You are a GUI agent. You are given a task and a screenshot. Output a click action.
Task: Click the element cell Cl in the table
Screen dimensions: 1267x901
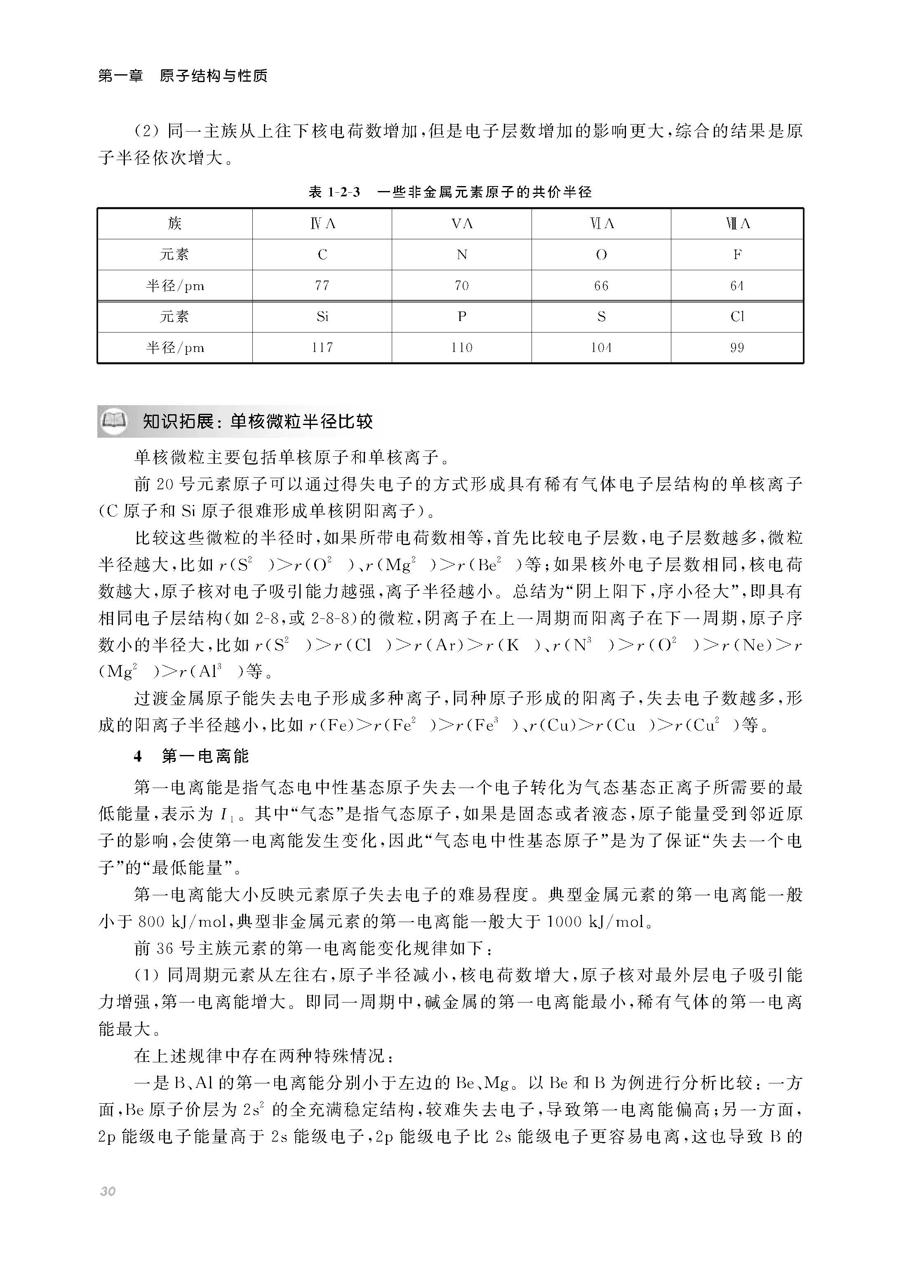(737, 317)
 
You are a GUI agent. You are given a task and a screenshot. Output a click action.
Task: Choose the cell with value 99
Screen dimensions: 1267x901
(737, 348)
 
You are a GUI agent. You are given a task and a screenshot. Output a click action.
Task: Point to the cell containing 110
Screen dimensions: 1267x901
(461, 348)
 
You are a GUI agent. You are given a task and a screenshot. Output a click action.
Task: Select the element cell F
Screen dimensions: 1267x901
(737, 255)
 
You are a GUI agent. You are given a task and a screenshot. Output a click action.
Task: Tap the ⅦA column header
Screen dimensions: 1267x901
(737, 224)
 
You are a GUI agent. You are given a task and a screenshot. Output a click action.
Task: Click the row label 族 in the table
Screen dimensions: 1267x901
(175, 224)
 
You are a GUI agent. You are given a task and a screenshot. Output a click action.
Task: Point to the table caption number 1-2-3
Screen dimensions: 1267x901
(343, 193)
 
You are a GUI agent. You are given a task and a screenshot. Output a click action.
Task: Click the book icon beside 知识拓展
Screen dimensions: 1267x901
(114, 421)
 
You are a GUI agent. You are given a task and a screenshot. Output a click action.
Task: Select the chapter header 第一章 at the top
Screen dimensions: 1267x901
(120, 76)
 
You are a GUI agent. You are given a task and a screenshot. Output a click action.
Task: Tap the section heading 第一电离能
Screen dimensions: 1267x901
(205, 756)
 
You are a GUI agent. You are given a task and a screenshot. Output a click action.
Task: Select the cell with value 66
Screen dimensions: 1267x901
(601, 286)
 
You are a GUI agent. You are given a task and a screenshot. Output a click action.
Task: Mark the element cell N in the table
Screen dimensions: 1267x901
(461, 255)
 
